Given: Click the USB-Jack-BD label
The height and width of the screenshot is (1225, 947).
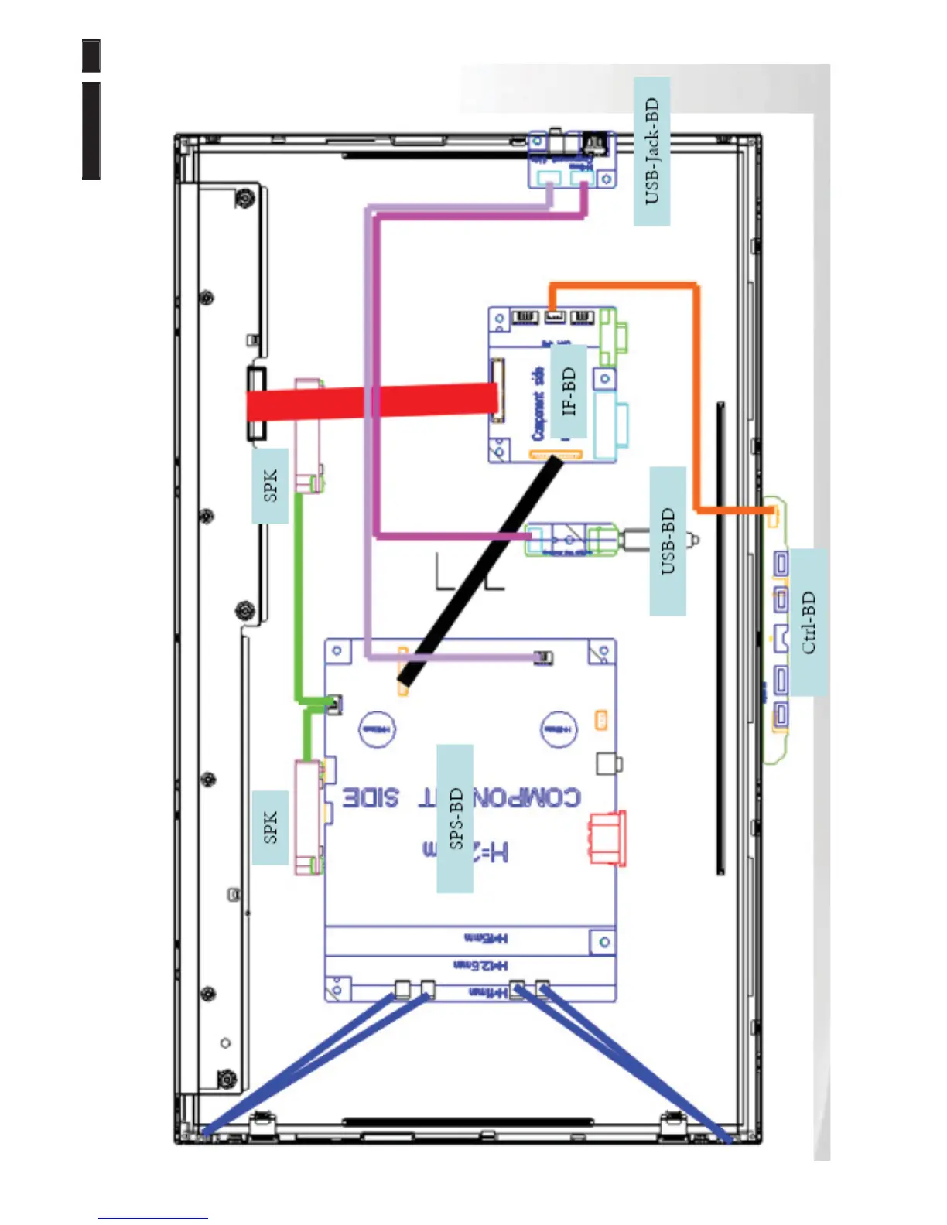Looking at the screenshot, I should (x=651, y=152).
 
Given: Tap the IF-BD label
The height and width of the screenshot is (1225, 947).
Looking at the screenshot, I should (x=569, y=391).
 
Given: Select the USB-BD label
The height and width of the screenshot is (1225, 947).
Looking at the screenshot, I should (x=668, y=541).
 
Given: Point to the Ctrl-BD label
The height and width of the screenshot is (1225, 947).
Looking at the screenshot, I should (x=808, y=623).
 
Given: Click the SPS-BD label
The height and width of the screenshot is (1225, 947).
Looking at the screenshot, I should (x=455, y=818).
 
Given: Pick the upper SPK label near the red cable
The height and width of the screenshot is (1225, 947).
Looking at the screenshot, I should (x=270, y=486).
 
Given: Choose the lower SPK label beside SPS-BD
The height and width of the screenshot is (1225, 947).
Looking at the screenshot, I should (x=270, y=827).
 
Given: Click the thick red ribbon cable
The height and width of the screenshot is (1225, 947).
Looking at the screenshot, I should (x=371, y=401).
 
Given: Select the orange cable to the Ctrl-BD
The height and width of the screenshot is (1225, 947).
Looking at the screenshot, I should (x=696, y=387).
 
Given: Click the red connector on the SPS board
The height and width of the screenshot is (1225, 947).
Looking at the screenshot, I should (x=607, y=838).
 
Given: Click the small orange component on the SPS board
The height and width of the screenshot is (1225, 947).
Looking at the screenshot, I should (x=601, y=721).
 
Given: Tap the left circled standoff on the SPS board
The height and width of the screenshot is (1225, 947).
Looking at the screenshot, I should (x=377, y=729).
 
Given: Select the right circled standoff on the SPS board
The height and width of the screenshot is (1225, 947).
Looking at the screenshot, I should (x=558, y=729).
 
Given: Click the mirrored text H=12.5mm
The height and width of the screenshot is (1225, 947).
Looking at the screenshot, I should (x=480, y=965).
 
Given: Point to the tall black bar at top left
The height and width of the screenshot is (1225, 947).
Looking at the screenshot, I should (x=91, y=131).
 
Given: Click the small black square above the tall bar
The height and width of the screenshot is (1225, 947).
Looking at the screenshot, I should (x=91, y=56).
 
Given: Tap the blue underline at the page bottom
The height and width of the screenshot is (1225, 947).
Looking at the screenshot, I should (x=152, y=1218).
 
